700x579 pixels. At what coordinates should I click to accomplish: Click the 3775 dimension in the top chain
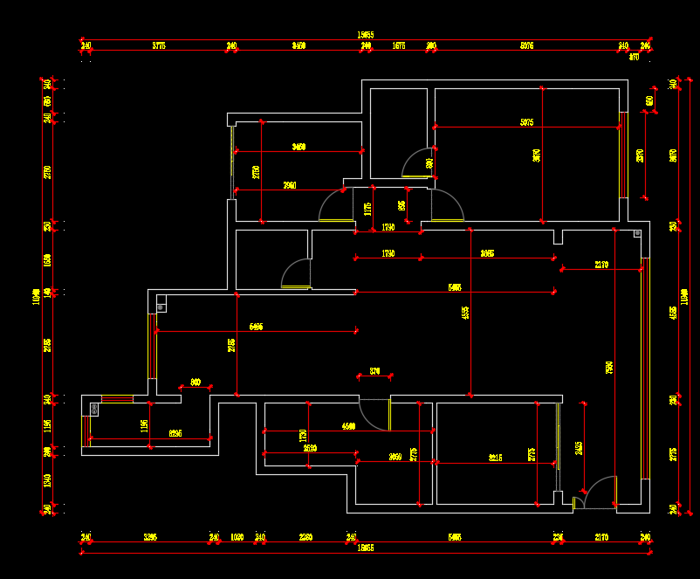(158, 45)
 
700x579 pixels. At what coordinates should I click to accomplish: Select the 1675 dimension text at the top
(398, 45)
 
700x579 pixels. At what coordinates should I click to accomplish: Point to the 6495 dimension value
(256, 326)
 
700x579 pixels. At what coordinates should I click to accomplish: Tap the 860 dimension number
(196, 382)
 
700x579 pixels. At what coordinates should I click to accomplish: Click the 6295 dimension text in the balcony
(175, 433)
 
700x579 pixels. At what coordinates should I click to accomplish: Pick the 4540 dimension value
(348, 426)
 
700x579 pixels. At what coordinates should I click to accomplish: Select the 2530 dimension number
(310, 448)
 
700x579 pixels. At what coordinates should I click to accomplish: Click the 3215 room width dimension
(496, 457)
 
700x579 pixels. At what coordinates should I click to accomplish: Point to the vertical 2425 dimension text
(579, 448)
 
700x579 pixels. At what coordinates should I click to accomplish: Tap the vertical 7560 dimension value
(609, 367)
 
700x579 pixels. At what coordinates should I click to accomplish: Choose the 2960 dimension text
(290, 185)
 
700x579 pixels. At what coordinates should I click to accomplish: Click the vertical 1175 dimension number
(368, 210)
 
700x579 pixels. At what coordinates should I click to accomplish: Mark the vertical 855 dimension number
(401, 206)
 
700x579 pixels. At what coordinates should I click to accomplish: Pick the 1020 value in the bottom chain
(237, 537)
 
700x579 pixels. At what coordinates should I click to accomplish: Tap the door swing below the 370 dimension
(375, 414)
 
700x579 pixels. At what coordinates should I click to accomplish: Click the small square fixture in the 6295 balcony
(93, 408)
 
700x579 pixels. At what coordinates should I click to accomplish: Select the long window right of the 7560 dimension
(645, 368)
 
